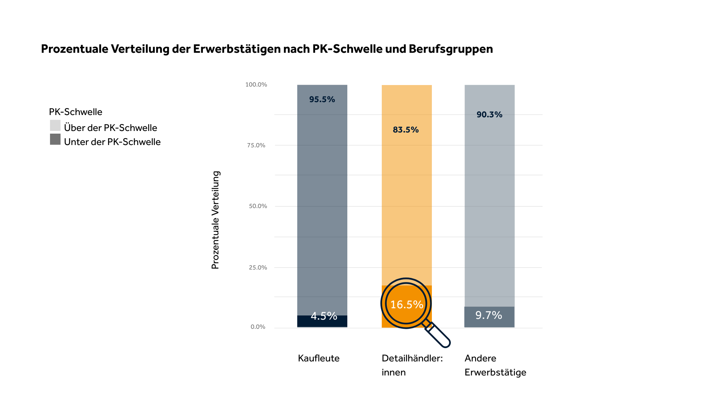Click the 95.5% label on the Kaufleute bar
point(322,99)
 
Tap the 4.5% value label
point(324,316)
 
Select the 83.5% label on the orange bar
point(406,130)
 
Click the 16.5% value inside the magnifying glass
point(406,304)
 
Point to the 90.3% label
point(489,115)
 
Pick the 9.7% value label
point(489,315)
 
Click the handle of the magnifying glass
point(438,334)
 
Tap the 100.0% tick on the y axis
point(256,85)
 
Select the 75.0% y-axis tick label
point(256,145)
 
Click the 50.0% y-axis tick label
point(258,206)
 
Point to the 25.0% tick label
point(258,268)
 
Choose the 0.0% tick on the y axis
point(258,327)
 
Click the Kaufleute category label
point(318,358)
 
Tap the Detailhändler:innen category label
point(412,365)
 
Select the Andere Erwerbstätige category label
point(495,365)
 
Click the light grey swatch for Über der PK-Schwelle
point(55,126)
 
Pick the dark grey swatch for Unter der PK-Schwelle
point(55,139)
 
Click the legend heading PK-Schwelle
point(75,112)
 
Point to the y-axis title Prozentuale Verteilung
point(215,220)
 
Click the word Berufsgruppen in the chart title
point(450,49)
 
